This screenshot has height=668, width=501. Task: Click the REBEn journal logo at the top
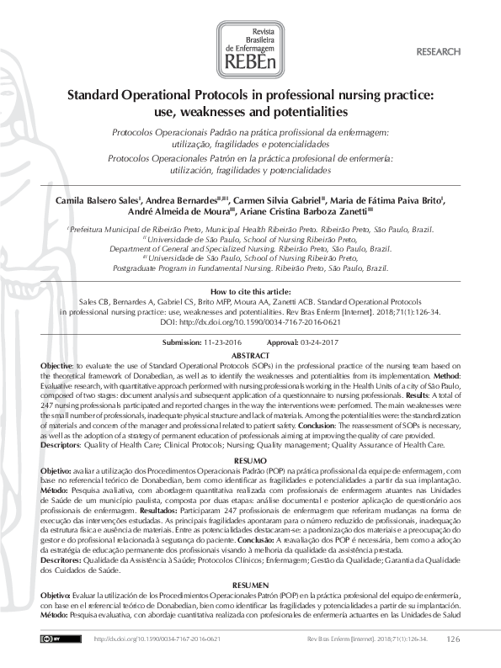coord(250,50)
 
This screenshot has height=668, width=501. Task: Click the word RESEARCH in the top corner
coord(439,52)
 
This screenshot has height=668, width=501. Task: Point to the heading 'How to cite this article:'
coord(250,291)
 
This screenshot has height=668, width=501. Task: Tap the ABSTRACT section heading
coord(250,356)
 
